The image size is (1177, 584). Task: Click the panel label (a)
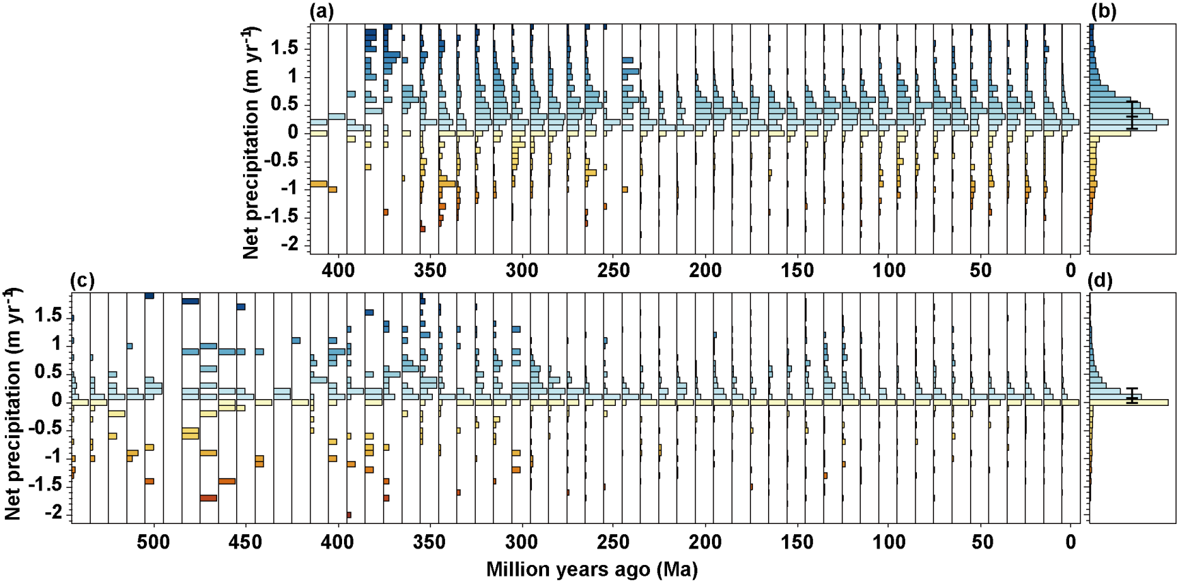coord(322,12)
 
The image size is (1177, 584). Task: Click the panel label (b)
coord(1103,12)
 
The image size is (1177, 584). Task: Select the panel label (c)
coord(82,280)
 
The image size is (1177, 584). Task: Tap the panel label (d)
coord(1099,280)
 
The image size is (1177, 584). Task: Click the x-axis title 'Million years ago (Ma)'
coord(591,569)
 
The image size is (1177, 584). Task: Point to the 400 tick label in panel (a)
coord(338,271)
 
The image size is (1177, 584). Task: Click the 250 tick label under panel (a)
coord(613,271)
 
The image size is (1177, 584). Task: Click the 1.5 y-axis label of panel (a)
coord(284,48)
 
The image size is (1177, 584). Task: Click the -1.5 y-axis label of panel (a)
coord(281,216)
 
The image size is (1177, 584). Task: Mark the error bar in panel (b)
coord(1133,115)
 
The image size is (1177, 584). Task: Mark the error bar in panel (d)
coord(1132,395)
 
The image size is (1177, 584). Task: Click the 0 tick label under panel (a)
coord(1070,271)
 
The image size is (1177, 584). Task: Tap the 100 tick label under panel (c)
coord(888,542)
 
